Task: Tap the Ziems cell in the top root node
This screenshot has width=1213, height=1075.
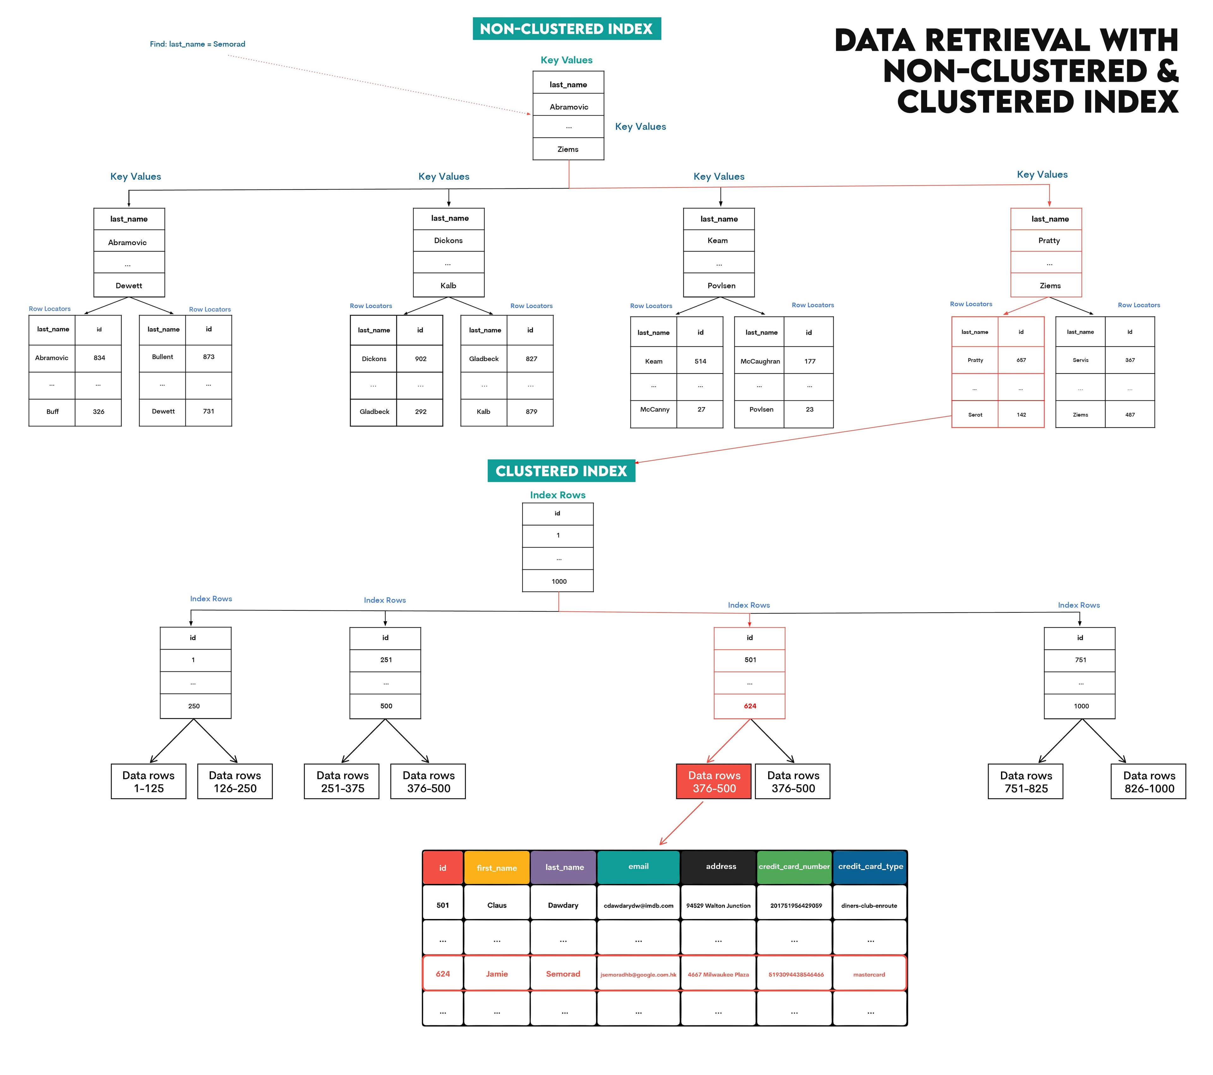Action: tap(568, 149)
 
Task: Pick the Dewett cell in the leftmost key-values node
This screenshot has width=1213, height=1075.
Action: tap(129, 285)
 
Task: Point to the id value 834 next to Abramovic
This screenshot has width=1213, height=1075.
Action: tap(99, 358)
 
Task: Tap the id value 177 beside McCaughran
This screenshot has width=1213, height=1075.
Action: tap(810, 361)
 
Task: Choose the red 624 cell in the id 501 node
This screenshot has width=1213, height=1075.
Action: tap(750, 706)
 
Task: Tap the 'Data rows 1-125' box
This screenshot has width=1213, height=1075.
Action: tap(148, 781)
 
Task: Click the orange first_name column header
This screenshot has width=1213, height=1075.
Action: tap(496, 867)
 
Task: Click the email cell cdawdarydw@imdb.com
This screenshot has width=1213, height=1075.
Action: tap(638, 905)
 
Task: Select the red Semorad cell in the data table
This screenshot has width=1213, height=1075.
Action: tap(563, 974)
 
